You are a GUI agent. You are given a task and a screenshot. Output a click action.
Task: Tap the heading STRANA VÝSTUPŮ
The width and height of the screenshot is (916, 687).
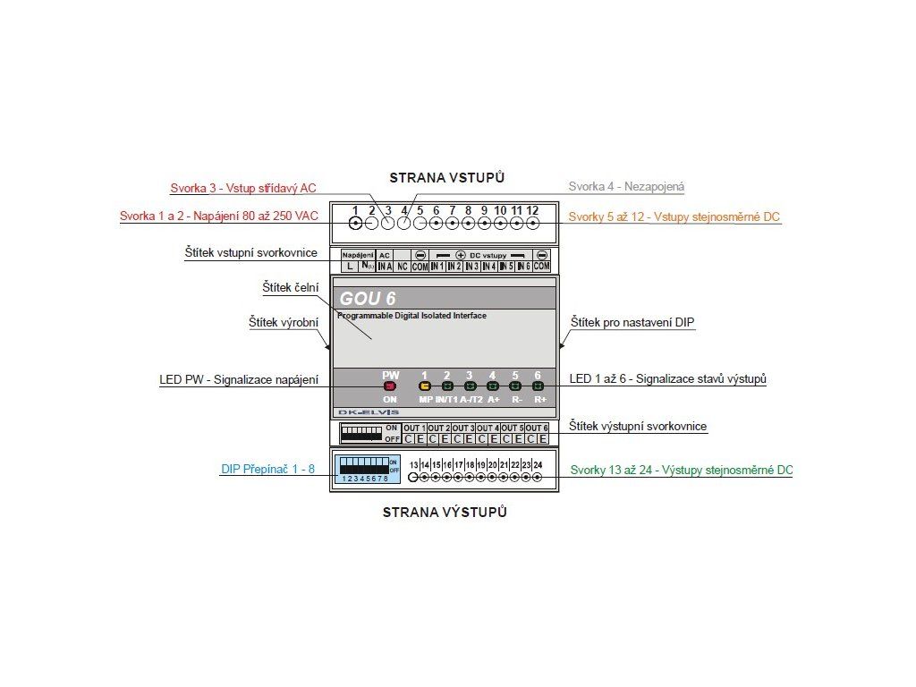445,513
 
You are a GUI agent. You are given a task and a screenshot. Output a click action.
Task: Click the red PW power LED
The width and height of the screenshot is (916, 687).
390,386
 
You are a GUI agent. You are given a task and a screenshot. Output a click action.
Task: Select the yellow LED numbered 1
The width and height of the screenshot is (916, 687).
425,386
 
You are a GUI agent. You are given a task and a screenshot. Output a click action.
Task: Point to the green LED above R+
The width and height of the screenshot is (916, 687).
539,386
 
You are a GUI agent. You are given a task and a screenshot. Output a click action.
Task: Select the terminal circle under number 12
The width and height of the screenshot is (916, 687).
532,224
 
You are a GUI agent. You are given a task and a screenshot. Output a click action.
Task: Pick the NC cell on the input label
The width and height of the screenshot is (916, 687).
403,267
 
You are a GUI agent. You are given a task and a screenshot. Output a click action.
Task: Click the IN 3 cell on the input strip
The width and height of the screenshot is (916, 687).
471,267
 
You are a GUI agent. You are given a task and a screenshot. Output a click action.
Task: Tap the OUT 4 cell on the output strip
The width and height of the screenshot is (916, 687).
488,428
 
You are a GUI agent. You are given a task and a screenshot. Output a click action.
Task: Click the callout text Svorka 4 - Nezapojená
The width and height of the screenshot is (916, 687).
626,187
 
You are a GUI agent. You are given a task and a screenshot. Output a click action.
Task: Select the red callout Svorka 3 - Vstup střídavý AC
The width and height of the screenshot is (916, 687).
243,189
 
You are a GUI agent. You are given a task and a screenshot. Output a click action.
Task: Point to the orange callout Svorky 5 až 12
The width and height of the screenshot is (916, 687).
674,216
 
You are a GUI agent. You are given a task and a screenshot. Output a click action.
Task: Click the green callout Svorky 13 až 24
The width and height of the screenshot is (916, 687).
681,470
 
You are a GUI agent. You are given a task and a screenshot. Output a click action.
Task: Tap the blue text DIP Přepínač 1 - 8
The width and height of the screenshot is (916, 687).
267,470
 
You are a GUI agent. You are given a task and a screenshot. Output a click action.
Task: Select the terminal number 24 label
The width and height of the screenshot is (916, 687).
538,464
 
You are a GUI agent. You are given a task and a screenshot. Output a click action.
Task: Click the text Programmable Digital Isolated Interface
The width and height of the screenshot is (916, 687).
411,316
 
